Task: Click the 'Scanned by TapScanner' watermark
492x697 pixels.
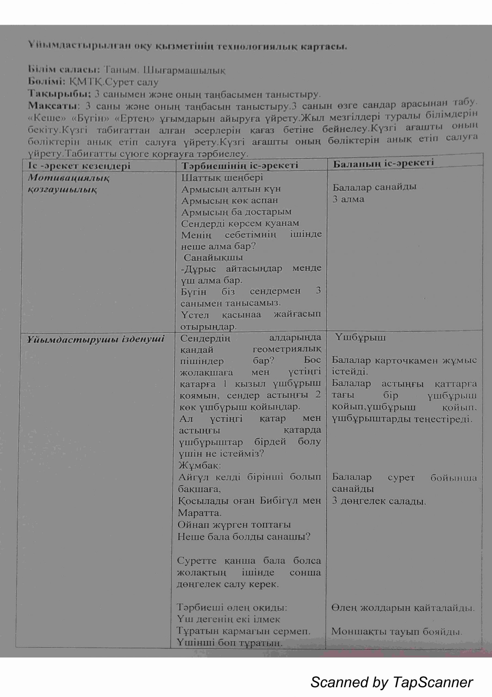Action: pos(391,682)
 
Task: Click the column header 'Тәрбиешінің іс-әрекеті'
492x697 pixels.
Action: pos(240,166)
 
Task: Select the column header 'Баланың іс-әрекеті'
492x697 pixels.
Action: pos(383,163)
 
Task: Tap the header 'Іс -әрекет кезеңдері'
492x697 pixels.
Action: pos(79,166)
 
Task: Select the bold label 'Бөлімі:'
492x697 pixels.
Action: pos(47,82)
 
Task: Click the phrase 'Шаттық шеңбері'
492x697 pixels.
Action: pos(222,178)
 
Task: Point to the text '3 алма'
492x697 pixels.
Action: pos(348,200)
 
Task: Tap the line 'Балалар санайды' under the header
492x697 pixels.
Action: pos(374,187)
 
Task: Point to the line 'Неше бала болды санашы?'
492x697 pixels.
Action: pos(244,537)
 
